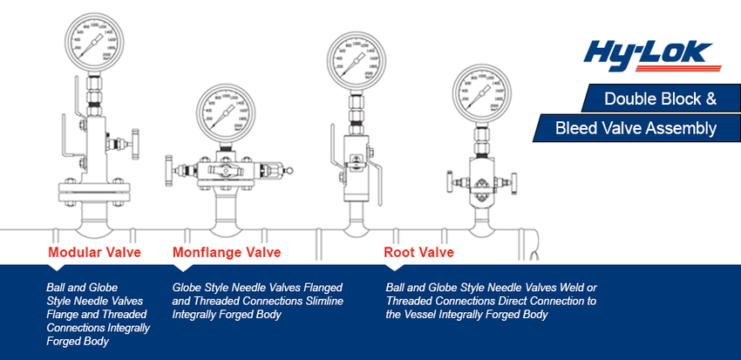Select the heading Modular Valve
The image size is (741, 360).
tap(94, 253)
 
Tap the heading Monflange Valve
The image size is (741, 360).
tap(227, 253)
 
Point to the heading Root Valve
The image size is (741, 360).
tap(419, 253)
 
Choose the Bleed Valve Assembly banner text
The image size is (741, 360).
tap(636, 129)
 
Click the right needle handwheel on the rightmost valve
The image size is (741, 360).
tap(520, 181)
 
